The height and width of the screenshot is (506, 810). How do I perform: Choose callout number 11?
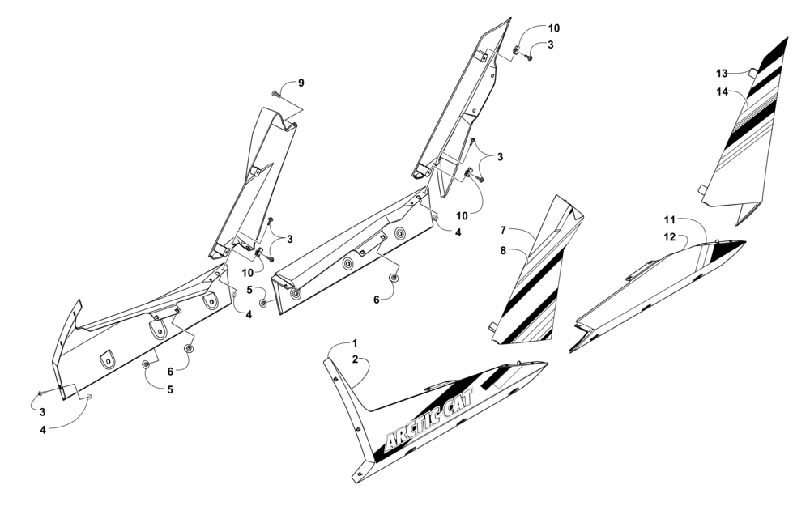pos(670,220)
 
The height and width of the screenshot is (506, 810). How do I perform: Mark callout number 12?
pos(670,237)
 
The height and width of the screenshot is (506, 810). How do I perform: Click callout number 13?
pos(723,74)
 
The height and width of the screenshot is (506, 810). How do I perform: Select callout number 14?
pos(723,91)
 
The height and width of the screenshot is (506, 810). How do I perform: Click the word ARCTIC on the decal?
pos(412,427)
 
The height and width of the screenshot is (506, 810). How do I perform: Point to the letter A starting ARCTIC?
pos(389,443)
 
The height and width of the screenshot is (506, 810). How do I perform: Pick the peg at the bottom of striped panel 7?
pos(492,326)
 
